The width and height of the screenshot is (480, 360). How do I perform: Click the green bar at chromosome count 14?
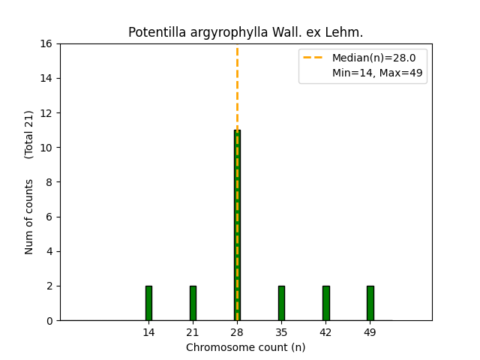(148, 303)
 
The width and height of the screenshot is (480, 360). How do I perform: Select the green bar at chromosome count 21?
(193, 303)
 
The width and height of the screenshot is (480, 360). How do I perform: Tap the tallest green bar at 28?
(237, 225)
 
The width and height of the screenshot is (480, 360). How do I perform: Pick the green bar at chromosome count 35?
(281, 303)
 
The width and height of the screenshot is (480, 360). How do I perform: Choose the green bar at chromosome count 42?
(325, 303)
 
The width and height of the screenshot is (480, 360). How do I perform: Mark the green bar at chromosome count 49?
(370, 303)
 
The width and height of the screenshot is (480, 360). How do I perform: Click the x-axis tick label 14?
(148, 331)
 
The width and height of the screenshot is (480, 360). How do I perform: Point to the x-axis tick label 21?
(193, 331)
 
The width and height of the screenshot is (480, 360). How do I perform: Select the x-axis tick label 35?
(281, 331)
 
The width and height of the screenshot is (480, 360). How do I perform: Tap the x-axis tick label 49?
(370, 331)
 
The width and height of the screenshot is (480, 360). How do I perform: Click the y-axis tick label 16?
(46, 43)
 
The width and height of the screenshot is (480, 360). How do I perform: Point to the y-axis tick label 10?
(46, 148)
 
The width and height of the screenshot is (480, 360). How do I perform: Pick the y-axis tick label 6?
(49, 217)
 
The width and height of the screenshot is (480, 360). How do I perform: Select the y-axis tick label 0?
(49, 320)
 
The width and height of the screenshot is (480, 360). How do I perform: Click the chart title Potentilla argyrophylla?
(246, 32)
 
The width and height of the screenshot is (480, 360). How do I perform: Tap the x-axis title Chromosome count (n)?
(246, 347)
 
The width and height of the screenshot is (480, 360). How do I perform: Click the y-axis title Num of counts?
(29, 216)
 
